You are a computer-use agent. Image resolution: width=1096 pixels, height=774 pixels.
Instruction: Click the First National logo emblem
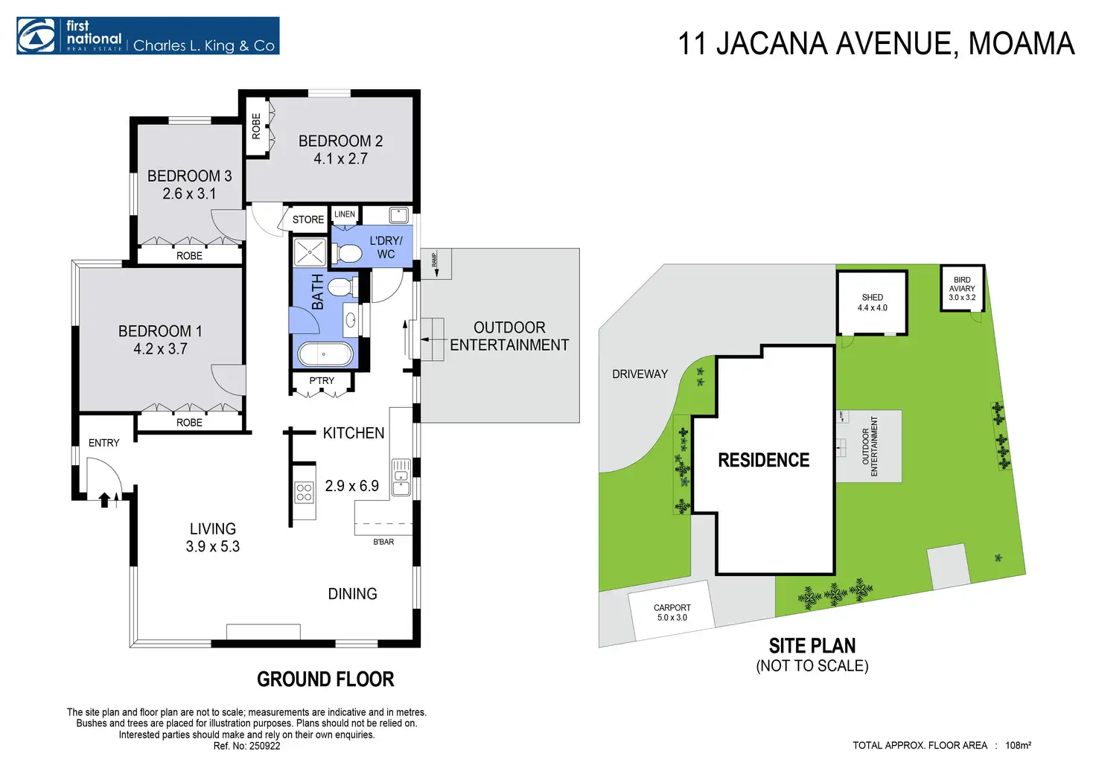tap(36, 36)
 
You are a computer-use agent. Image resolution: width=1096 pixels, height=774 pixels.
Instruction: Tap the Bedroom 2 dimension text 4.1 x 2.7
tap(340, 159)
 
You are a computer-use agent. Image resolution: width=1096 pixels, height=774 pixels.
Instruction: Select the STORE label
tap(308, 220)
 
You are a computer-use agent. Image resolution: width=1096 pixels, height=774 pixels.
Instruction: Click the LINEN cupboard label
tap(345, 214)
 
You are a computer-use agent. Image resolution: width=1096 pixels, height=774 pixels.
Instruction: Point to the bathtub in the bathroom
tap(325, 354)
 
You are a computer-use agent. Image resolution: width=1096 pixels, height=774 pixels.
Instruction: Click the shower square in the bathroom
tap(310, 252)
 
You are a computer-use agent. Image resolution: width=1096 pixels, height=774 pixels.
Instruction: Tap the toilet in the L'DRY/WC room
tap(347, 254)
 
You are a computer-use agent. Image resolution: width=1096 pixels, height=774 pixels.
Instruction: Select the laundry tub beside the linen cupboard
tap(399, 215)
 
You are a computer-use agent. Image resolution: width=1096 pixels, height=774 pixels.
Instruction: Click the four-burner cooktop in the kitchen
tap(304, 492)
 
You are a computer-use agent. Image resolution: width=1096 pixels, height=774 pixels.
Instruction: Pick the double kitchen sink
tap(401, 477)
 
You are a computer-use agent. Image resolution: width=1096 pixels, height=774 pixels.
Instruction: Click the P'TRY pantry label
tap(322, 380)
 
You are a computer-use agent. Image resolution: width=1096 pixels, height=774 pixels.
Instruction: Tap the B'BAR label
tap(383, 542)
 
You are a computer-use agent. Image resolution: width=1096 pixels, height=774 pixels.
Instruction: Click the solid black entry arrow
tap(104, 499)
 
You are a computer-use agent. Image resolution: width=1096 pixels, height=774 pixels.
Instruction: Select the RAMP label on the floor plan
tap(434, 260)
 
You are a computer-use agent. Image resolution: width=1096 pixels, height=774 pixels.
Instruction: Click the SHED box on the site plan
tap(872, 303)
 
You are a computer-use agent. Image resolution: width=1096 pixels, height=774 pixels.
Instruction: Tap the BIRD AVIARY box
tap(962, 288)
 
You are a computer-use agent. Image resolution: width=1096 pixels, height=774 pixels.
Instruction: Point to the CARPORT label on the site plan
tap(672, 607)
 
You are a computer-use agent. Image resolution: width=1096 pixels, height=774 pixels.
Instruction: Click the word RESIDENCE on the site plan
tap(763, 460)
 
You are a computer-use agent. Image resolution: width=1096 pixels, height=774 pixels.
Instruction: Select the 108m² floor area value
tap(1018, 745)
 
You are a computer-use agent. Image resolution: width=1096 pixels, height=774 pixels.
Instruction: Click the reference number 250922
tap(265, 746)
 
